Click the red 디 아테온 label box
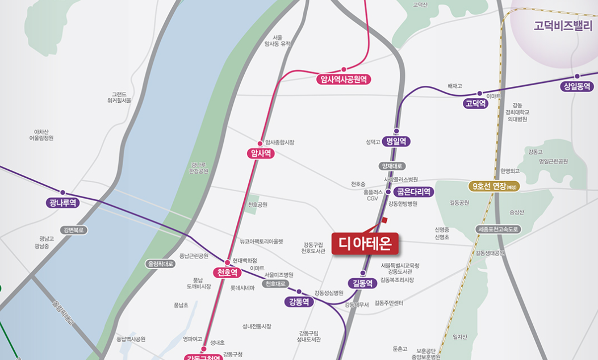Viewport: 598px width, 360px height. pos(365,244)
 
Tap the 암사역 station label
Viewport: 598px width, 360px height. pos(261,153)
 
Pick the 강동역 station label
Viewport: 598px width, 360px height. pos(299,302)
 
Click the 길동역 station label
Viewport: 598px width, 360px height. pos(362,283)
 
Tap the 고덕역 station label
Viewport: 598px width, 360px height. pos(475,103)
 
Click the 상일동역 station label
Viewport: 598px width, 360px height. pos(576,86)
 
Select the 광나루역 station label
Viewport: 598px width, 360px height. pos(63,203)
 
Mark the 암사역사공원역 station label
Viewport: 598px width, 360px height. pos(344,79)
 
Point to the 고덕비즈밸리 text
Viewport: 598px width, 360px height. pos(563,26)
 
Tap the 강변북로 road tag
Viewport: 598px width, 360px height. pos(74,230)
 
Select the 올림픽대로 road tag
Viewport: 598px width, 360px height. pos(161,263)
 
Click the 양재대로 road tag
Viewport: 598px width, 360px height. pos(392,166)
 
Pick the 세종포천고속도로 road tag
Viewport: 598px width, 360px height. pos(497,229)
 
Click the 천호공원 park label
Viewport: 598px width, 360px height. pos(257,204)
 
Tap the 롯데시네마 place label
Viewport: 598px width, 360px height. pos(242,288)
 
